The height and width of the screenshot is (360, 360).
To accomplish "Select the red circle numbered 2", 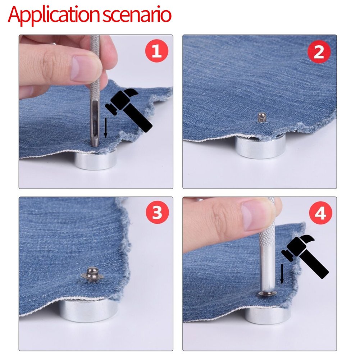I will click(319, 52).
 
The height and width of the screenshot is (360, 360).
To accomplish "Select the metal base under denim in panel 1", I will click(95, 161).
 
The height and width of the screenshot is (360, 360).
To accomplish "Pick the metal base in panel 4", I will click(268, 316).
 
